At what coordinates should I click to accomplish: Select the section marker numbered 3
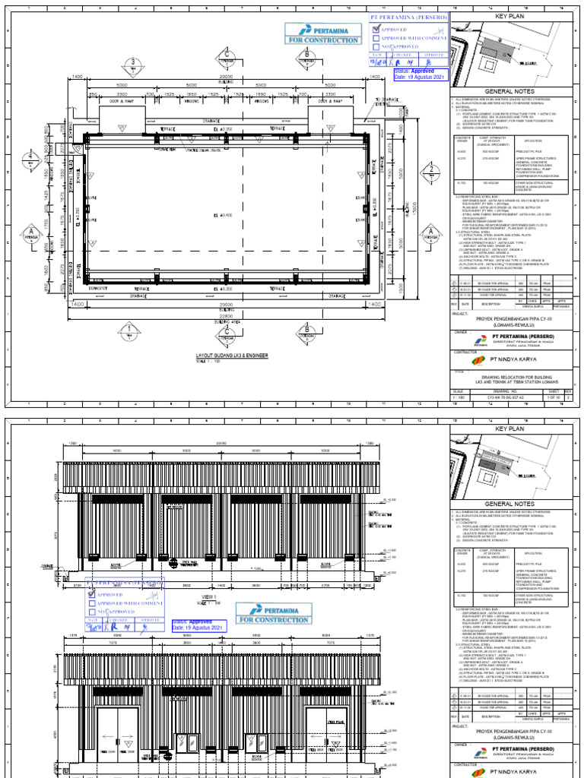tap(134, 62)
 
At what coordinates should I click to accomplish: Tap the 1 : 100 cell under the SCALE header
tap(461, 396)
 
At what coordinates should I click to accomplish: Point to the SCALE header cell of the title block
tap(461, 391)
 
